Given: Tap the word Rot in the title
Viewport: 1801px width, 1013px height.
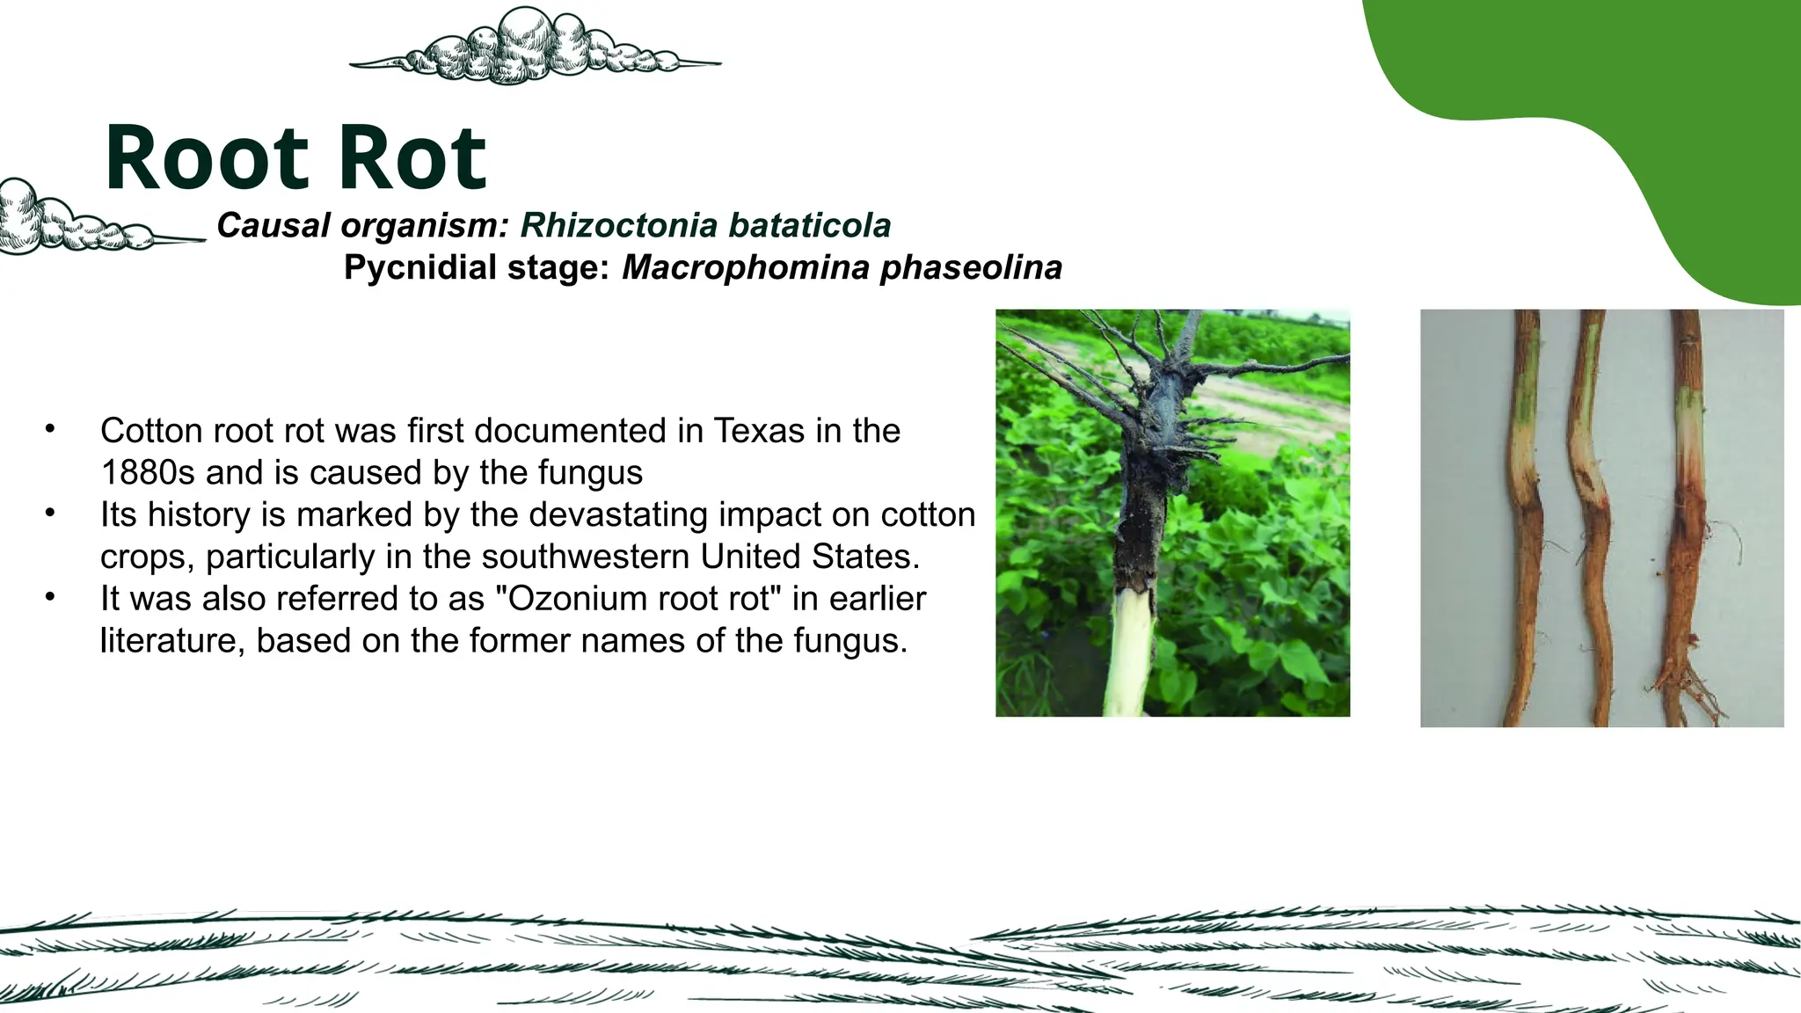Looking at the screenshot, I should pyautogui.click(x=412, y=159).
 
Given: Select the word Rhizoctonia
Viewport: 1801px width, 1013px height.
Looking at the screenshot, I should pyautogui.click(x=619, y=226).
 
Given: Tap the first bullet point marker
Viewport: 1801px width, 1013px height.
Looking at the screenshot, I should pyautogui.click(x=51, y=429).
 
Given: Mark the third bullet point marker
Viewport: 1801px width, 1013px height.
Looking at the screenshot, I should pyautogui.click(x=51, y=597).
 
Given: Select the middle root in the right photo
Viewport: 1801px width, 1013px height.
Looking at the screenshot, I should pyautogui.click(x=1595, y=519).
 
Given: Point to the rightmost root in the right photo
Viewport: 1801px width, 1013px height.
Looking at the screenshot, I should pyautogui.click(x=1687, y=519).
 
